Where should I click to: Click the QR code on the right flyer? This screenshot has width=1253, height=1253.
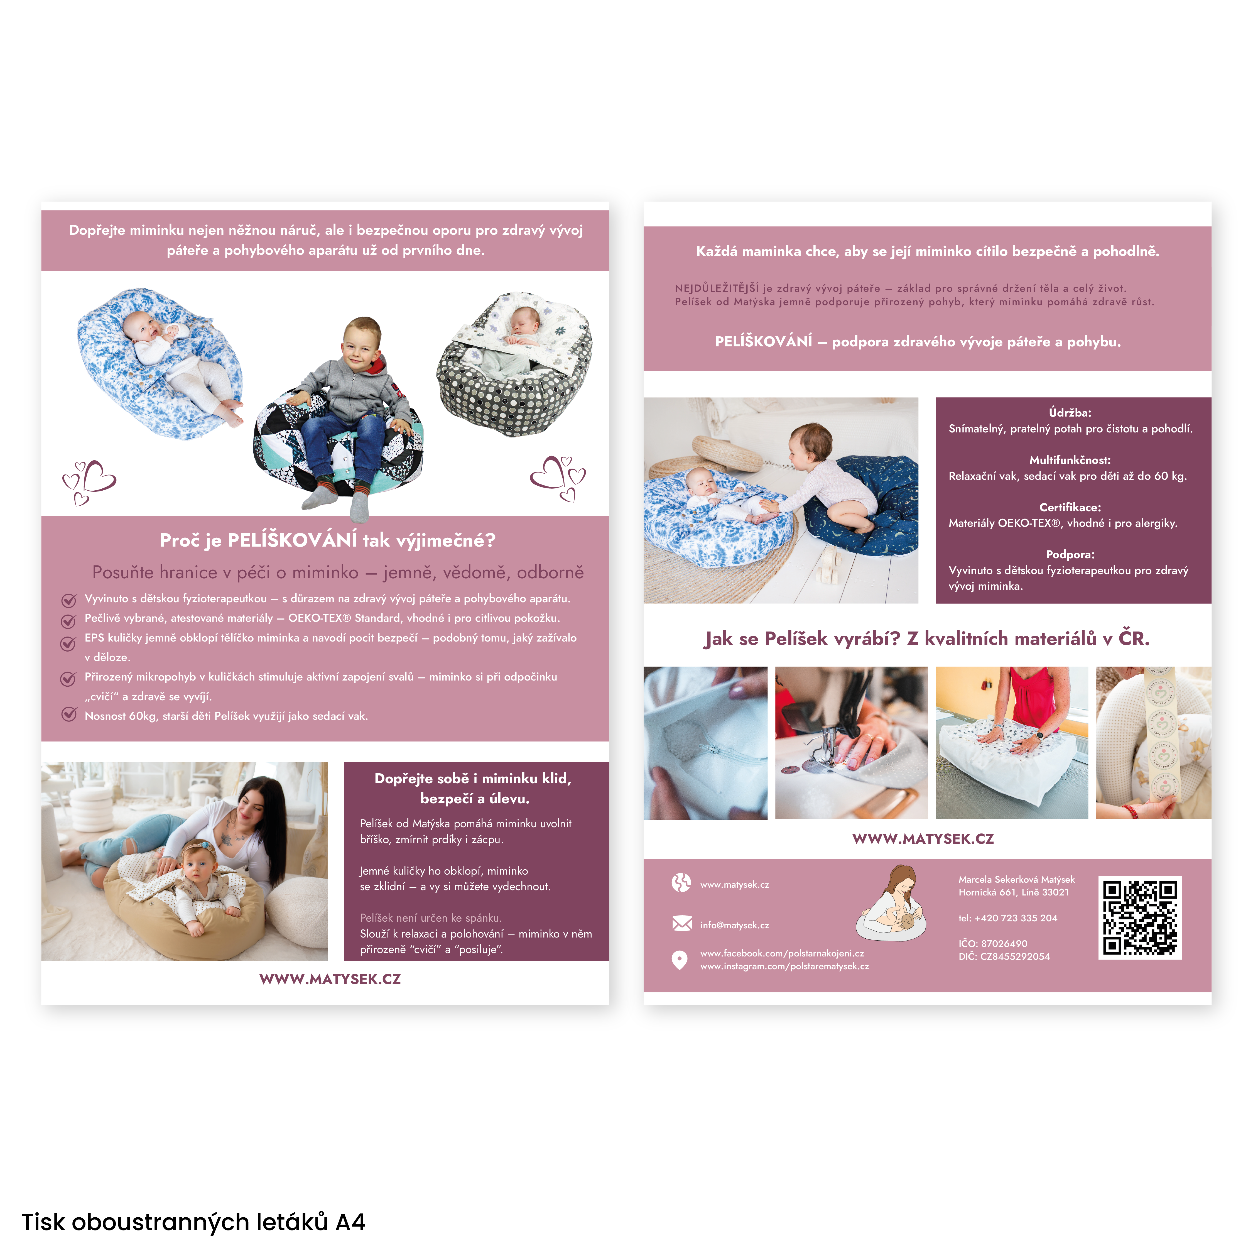click(x=1139, y=917)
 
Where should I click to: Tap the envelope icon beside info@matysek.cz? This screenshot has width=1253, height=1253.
click(x=682, y=924)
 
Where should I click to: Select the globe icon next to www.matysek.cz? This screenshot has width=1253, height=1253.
click(x=681, y=883)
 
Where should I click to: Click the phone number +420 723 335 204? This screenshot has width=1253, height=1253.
click(x=1007, y=918)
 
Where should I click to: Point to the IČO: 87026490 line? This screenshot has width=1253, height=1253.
click(x=993, y=944)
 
